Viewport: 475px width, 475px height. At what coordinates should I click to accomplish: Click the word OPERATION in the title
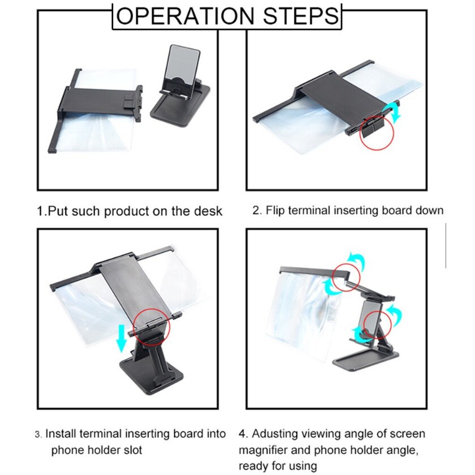tap(185, 16)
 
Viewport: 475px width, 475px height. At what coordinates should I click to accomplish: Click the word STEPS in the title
tap(301, 16)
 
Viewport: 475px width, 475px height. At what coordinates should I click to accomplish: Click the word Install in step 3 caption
tap(61, 434)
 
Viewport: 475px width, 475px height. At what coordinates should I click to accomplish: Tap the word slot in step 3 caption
tap(132, 450)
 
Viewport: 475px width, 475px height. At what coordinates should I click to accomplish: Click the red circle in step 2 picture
tap(376, 132)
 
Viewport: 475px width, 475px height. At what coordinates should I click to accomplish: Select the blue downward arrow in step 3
tap(122, 338)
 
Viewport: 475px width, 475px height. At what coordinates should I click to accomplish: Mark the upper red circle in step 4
tap(346, 277)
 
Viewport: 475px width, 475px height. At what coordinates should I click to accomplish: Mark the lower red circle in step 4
tap(378, 324)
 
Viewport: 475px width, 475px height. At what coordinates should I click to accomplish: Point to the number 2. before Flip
tap(257, 210)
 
